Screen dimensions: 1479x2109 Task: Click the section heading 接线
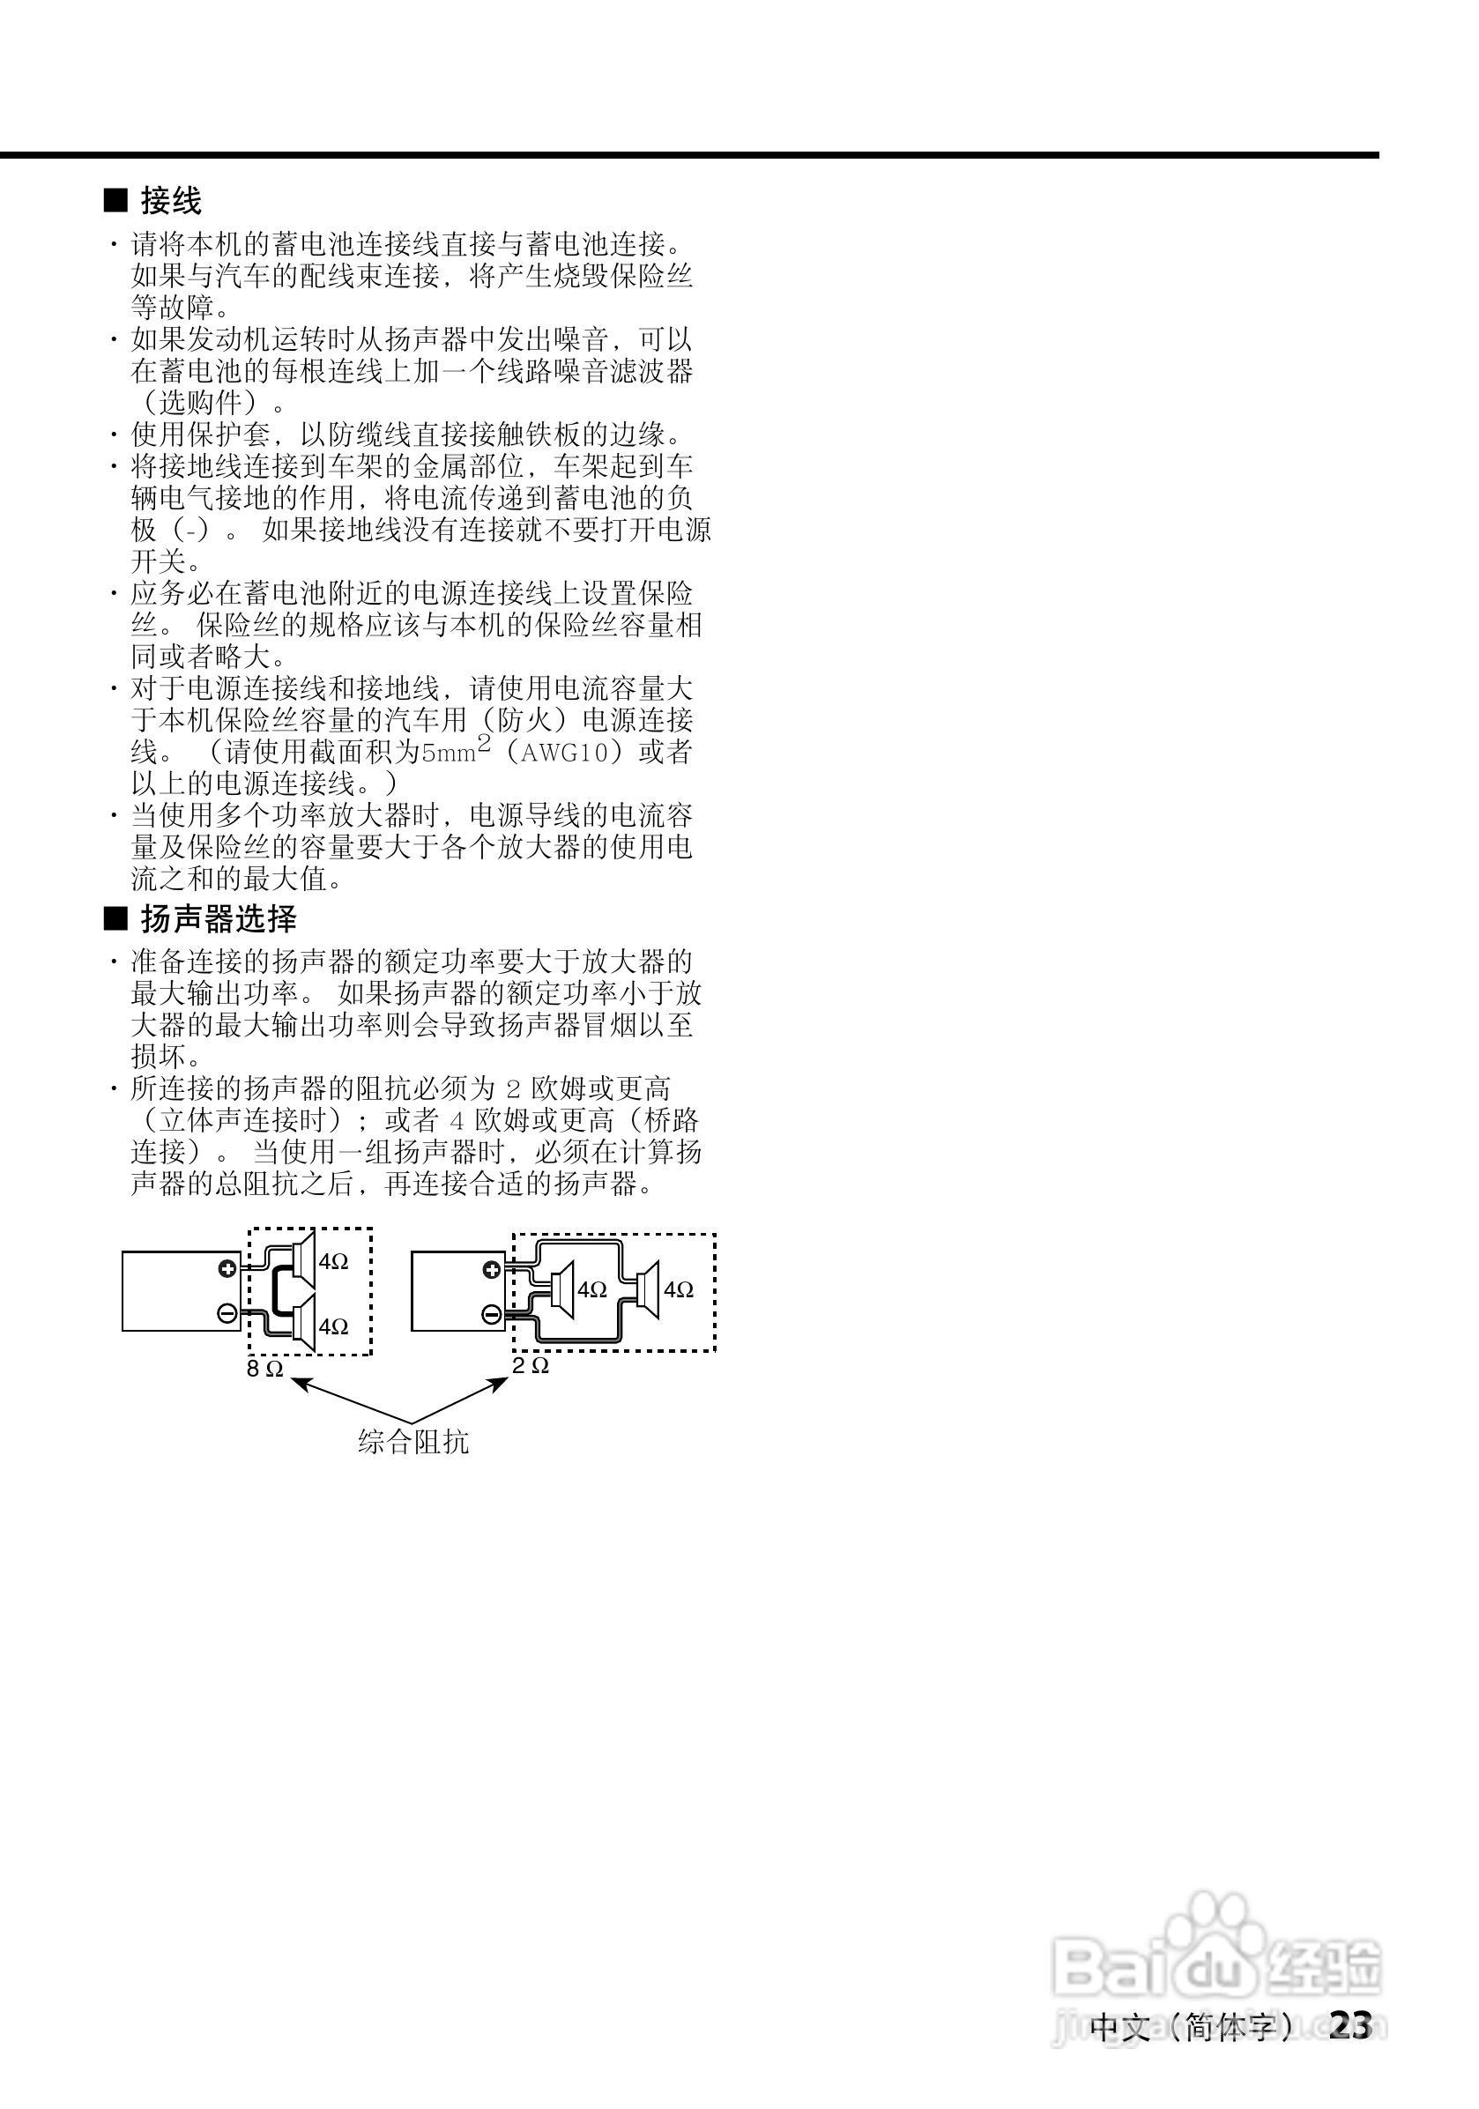[x=170, y=200]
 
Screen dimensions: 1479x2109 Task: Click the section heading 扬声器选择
[x=218, y=918]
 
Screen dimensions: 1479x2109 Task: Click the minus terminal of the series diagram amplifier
[x=227, y=1313]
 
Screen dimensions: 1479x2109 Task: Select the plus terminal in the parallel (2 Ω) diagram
[x=492, y=1271]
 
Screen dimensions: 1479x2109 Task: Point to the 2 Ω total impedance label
[x=531, y=1366]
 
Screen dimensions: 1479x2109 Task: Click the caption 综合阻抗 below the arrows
[x=413, y=1441]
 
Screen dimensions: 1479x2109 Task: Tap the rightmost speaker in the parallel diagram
[x=648, y=1289]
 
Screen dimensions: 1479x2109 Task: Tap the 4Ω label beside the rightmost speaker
[x=679, y=1290]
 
